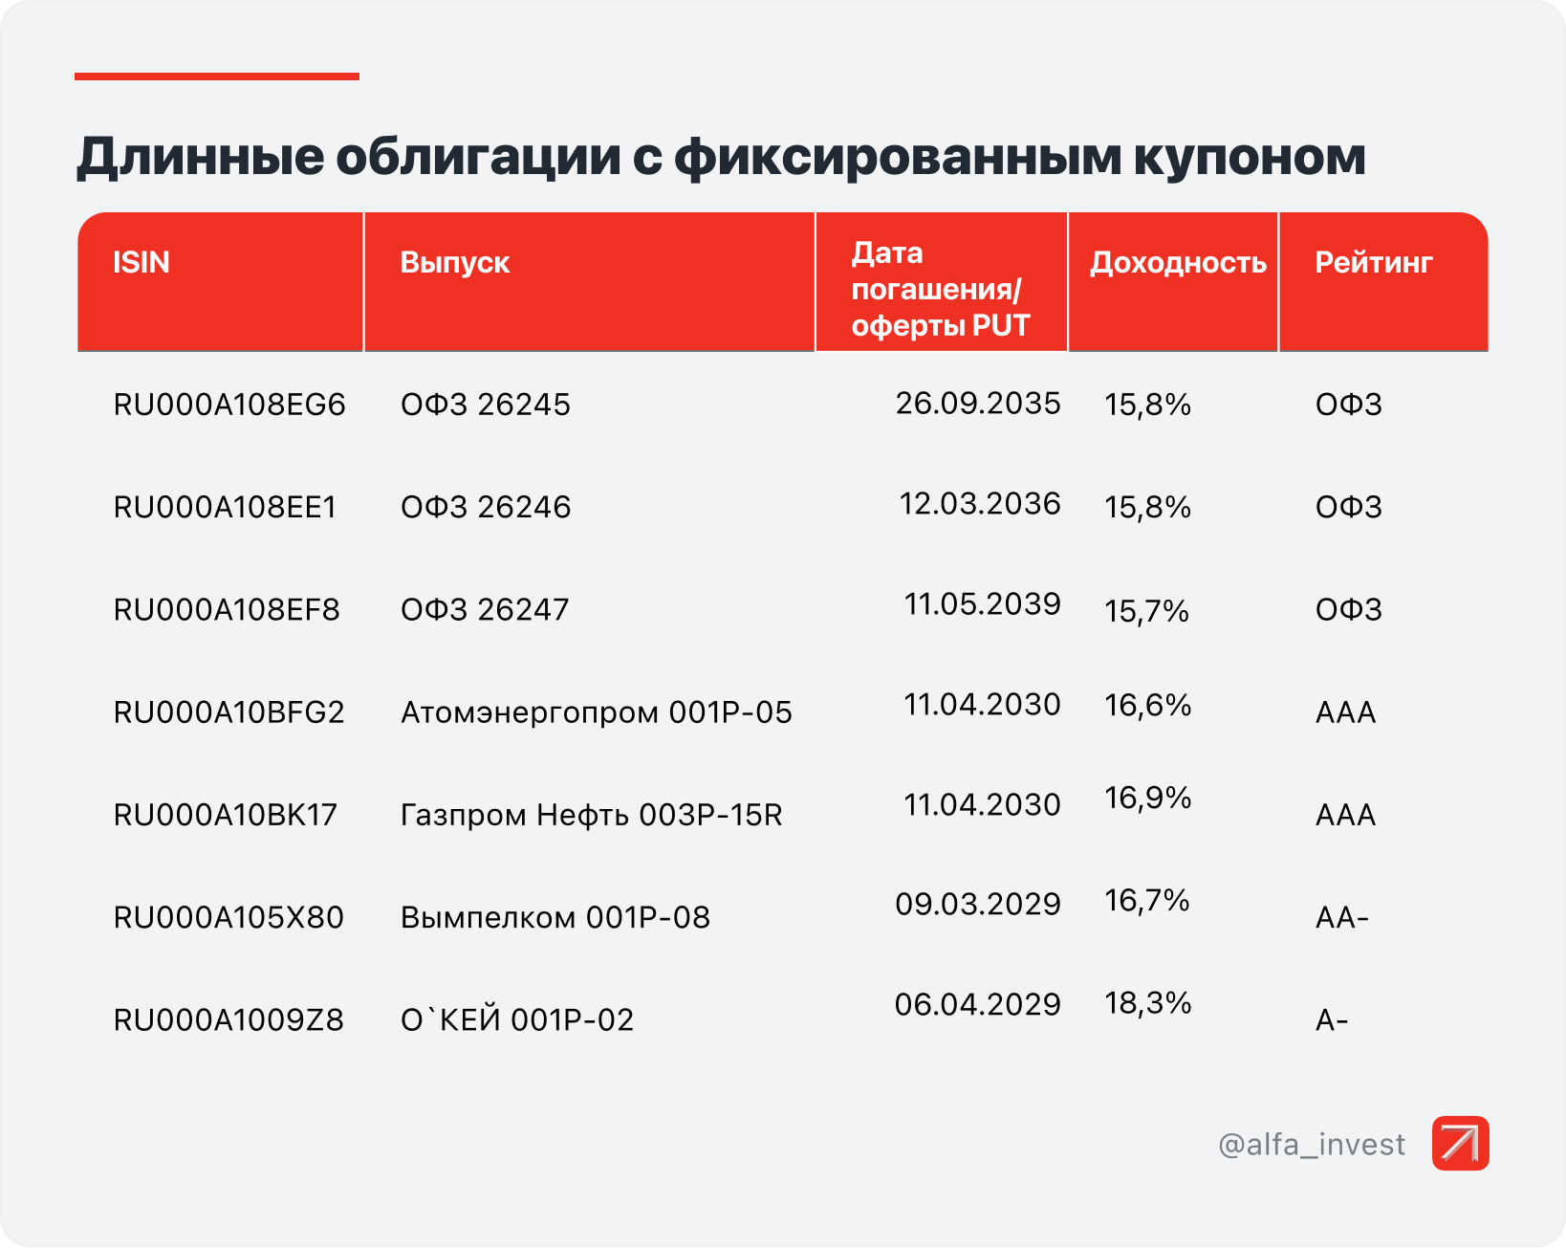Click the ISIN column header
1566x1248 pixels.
click(x=141, y=262)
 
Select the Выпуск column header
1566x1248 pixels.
click(x=455, y=262)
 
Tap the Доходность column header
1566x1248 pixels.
click(x=1178, y=262)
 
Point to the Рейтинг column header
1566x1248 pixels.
click(x=1373, y=262)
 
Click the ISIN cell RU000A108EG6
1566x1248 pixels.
click(x=229, y=405)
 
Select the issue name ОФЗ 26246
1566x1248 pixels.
click(x=486, y=507)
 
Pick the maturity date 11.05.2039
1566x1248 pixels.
click(x=982, y=604)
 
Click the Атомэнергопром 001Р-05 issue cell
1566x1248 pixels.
click(x=597, y=712)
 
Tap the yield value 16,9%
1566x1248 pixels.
click(x=1147, y=798)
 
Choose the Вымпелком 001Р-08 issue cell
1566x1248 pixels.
click(x=555, y=917)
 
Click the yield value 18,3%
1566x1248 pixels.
click(x=1147, y=1003)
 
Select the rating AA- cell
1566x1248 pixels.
click(x=1342, y=918)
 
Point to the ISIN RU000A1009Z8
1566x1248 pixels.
click(x=228, y=1020)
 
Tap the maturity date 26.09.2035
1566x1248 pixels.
click(x=978, y=404)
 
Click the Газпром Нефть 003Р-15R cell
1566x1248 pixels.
click(x=592, y=815)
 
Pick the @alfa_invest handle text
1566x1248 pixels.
click(x=1312, y=1145)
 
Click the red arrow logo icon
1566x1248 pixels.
click(x=1460, y=1143)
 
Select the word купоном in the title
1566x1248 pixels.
click(x=1250, y=156)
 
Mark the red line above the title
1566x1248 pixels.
click(x=217, y=77)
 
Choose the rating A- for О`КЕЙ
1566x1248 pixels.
click(x=1332, y=1020)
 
